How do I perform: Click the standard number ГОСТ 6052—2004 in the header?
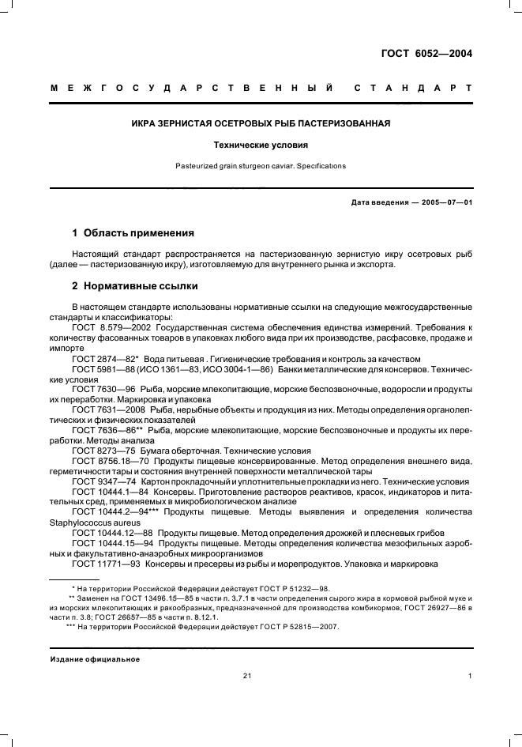click(x=426, y=54)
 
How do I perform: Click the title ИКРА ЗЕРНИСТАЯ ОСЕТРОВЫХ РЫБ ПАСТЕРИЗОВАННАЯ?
click(x=261, y=124)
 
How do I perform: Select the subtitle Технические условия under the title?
click(x=261, y=145)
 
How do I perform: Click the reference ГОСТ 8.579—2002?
click(x=107, y=327)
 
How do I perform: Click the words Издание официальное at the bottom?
click(x=95, y=659)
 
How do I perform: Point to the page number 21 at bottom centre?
click(x=247, y=675)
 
